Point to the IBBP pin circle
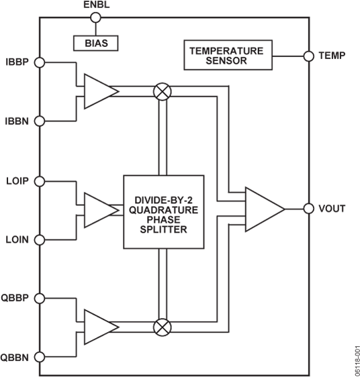pos(39,62)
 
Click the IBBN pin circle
pos(39,121)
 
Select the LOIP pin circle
pos(39,181)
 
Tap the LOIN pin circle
pos(39,239)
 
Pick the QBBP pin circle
pos(39,298)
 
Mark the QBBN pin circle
pos(39,356)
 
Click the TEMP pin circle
pos(309,56)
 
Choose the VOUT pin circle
pos(309,209)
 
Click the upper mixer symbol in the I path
pos(162,91)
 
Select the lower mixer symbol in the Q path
pos(162,327)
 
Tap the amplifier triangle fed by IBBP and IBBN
pos(97,91)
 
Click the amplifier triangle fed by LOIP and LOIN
pos(97,209)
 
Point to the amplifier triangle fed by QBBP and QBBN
pos(97,327)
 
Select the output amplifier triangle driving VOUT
pos(263,209)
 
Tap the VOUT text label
pos(332,209)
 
